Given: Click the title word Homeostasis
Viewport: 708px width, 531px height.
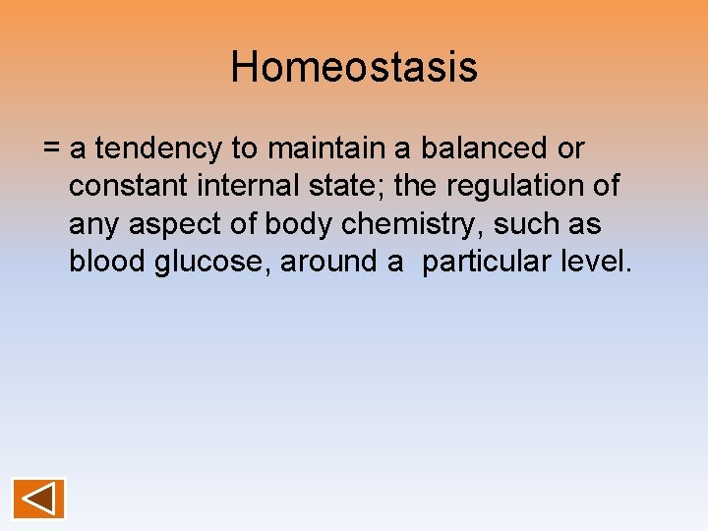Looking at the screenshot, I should (354, 68).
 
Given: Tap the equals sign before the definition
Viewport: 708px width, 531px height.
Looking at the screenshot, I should (52, 149).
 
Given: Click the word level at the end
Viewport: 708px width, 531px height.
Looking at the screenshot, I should (593, 262).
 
